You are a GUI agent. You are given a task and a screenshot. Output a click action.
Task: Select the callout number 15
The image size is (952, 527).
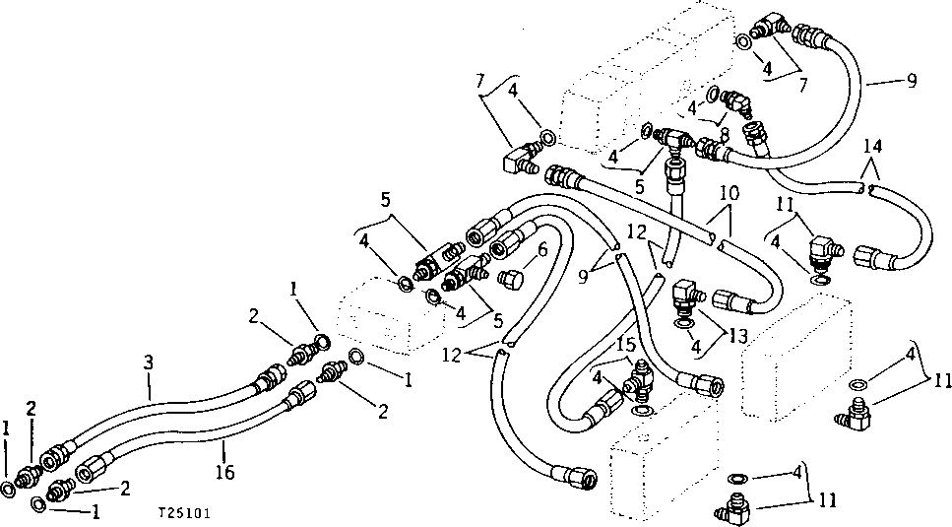[x=626, y=348]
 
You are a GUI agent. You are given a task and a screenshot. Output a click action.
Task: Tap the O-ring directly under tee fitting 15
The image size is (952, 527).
[x=642, y=407]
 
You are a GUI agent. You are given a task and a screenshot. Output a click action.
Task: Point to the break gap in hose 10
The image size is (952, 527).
[x=717, y=238]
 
